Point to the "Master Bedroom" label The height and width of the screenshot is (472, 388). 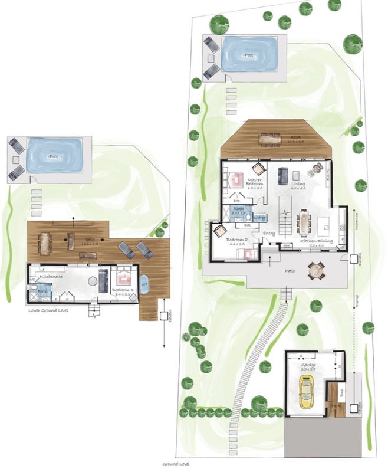click(x=255, y=182)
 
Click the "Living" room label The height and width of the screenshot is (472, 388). click(x=298, y=184)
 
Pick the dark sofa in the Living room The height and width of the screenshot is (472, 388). click(x=282, y=175)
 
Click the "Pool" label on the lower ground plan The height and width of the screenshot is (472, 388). click(x=54, y=157)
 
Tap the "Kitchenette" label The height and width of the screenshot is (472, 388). click(x=52, y=276)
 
